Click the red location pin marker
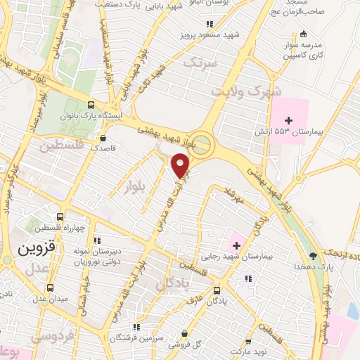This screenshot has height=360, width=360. pyautogui.click(x=181, y=165)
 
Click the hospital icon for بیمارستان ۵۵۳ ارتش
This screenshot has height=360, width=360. pyautogui.click(x=288, y=121)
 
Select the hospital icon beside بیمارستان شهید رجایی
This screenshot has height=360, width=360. pyautogui.click(x=236, y=245)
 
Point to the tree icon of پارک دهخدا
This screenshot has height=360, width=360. pyautogui.click(x=313, y=256)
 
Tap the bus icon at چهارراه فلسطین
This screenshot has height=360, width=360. pyautogui.click(x=60, y=217)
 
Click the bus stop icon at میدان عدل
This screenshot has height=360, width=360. pyautogui.click(x=50, y=288)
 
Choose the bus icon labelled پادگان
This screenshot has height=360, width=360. pyautogui.click(x=217, y=290)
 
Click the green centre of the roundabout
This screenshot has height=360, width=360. pyautogui.click(x=201, y=146)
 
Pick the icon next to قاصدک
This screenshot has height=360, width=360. pyautogui.click(x=103, y=138)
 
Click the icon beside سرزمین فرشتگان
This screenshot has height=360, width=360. pyautogui.click(x=138, y=328)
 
